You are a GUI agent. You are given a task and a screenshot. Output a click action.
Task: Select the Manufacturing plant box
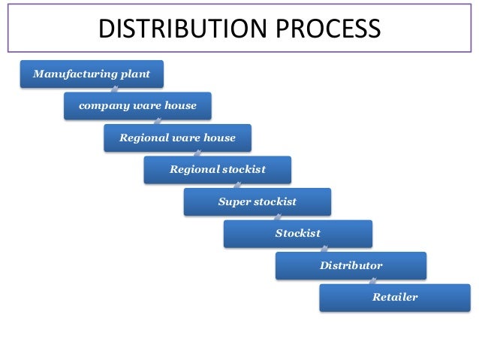92,74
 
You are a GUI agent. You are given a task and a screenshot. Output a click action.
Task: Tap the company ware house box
137,106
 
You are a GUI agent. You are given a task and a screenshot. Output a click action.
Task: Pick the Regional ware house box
177,138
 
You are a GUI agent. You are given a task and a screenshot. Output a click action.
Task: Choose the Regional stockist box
218,170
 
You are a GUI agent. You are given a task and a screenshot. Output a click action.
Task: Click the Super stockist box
257,202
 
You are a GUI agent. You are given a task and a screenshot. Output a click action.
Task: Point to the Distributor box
351,266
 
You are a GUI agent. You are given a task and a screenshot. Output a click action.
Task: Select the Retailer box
395,298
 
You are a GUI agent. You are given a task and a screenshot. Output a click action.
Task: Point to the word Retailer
395,298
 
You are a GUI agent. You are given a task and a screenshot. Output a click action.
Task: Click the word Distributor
351,266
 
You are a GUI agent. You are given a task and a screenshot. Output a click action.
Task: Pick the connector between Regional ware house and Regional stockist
197,154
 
